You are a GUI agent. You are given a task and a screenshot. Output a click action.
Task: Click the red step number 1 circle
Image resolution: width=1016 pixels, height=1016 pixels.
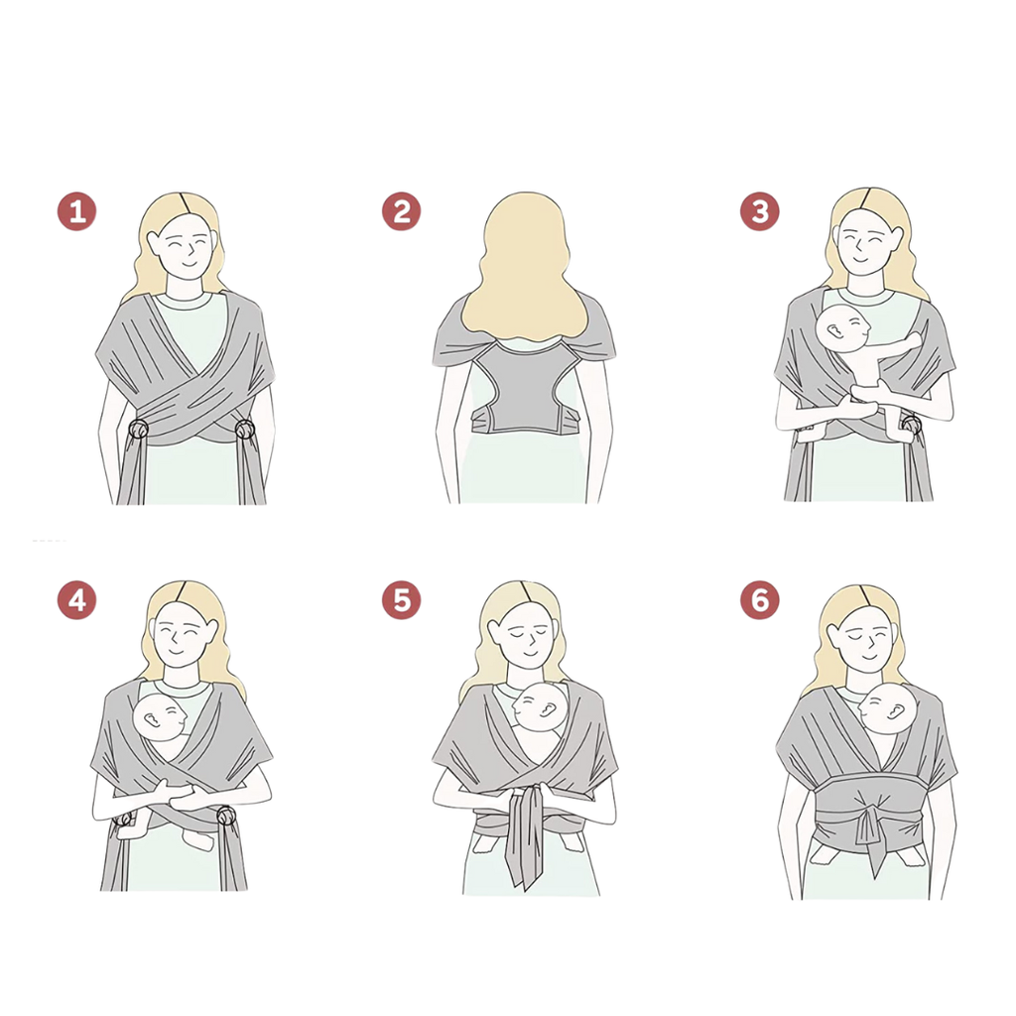click(77, 211)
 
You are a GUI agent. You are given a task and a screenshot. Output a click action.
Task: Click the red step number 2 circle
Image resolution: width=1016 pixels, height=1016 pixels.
click(401, 211)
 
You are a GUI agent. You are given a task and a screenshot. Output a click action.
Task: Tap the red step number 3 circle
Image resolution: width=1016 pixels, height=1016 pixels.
click(759, 211)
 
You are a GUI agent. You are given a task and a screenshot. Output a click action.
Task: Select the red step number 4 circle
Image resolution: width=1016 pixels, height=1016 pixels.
click(77, 600)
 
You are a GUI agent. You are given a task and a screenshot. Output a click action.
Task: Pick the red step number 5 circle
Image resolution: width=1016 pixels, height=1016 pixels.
click(401, 600)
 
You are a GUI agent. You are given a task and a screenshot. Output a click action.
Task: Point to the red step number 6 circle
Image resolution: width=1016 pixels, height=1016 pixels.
click(759, 600)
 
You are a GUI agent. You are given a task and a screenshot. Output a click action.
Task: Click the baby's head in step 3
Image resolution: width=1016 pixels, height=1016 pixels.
click(843, 327)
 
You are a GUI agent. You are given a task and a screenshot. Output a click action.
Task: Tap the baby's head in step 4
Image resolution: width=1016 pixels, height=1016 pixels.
click(160, 717)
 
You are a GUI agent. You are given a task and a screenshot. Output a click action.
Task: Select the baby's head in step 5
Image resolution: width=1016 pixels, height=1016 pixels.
click(540, 707)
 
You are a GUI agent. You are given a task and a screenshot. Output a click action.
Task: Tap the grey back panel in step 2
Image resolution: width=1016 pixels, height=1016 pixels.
click(525, 389)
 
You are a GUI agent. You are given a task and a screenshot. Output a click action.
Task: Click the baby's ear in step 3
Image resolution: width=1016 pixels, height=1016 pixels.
click(834, 331)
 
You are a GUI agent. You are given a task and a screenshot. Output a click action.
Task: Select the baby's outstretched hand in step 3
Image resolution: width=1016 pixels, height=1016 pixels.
click(914, 340)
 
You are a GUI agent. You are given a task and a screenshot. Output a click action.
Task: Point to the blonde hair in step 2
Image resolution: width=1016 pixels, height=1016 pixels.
click(525, 266)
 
